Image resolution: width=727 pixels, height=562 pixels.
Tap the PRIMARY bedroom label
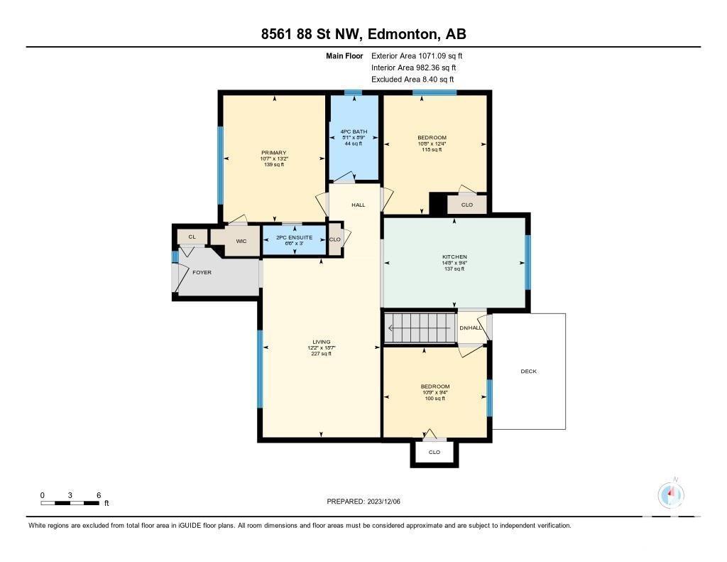(274, 153)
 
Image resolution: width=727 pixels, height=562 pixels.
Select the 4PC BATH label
(354, 132)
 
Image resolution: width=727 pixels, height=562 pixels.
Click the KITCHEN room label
(454, 256)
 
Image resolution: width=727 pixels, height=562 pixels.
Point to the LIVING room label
(322, 342)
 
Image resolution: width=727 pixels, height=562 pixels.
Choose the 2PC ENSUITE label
(295, 237)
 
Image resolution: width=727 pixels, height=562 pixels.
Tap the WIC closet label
(241, 242)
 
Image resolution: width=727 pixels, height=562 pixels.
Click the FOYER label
(202, 272)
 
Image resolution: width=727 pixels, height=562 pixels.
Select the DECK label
(528, 372)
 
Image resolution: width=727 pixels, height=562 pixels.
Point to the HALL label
(359, 205)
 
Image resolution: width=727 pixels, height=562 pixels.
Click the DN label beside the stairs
(464, 328)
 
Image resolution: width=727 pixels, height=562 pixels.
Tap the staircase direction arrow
(420, 328)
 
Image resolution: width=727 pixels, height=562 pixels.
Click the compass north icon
(671, 495)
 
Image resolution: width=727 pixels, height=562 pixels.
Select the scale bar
(70, 503)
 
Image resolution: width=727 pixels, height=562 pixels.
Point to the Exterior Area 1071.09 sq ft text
(417, 56)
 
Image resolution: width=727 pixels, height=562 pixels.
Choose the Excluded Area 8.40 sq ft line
(412, 80)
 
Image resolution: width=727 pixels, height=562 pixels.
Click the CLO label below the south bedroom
(434, 453)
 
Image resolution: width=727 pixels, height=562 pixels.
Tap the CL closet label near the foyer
(192, 237)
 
